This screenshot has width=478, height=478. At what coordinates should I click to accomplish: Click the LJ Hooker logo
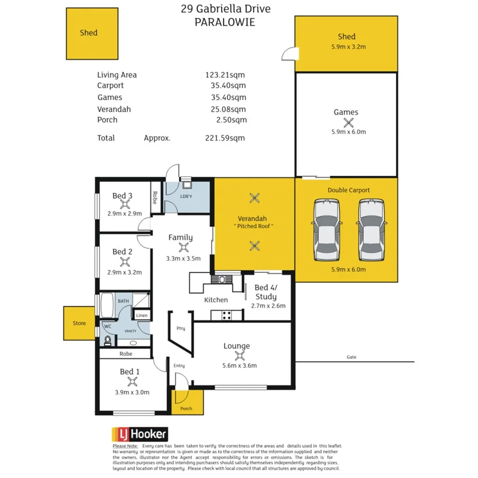coord(140,434)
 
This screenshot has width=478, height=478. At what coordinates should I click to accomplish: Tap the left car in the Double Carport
coord(327,229)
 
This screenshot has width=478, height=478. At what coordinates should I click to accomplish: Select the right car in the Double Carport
coord(371,229)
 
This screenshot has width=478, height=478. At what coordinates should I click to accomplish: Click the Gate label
coord(351,357)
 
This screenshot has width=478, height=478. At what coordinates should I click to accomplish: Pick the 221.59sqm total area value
coord(225,138)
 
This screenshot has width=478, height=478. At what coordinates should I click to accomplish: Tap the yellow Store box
coord(79,324)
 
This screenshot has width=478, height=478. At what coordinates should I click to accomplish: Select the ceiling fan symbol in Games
coord(349,122)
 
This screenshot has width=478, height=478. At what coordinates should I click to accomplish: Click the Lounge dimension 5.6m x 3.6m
coord(236,366)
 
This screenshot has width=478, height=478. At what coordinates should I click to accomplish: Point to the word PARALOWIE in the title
coord(226,23)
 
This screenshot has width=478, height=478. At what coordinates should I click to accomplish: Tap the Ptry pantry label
coord(181,329)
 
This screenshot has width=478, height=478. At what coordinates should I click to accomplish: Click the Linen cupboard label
coord(142,315)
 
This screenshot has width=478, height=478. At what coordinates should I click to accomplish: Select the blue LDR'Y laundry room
coord(187,197)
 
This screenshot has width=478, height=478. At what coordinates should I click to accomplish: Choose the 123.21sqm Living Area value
coord(226,75)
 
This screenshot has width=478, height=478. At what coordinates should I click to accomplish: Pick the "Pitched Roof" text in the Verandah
coord(254,226)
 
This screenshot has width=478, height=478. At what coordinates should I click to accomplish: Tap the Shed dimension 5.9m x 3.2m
coord(347,47)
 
